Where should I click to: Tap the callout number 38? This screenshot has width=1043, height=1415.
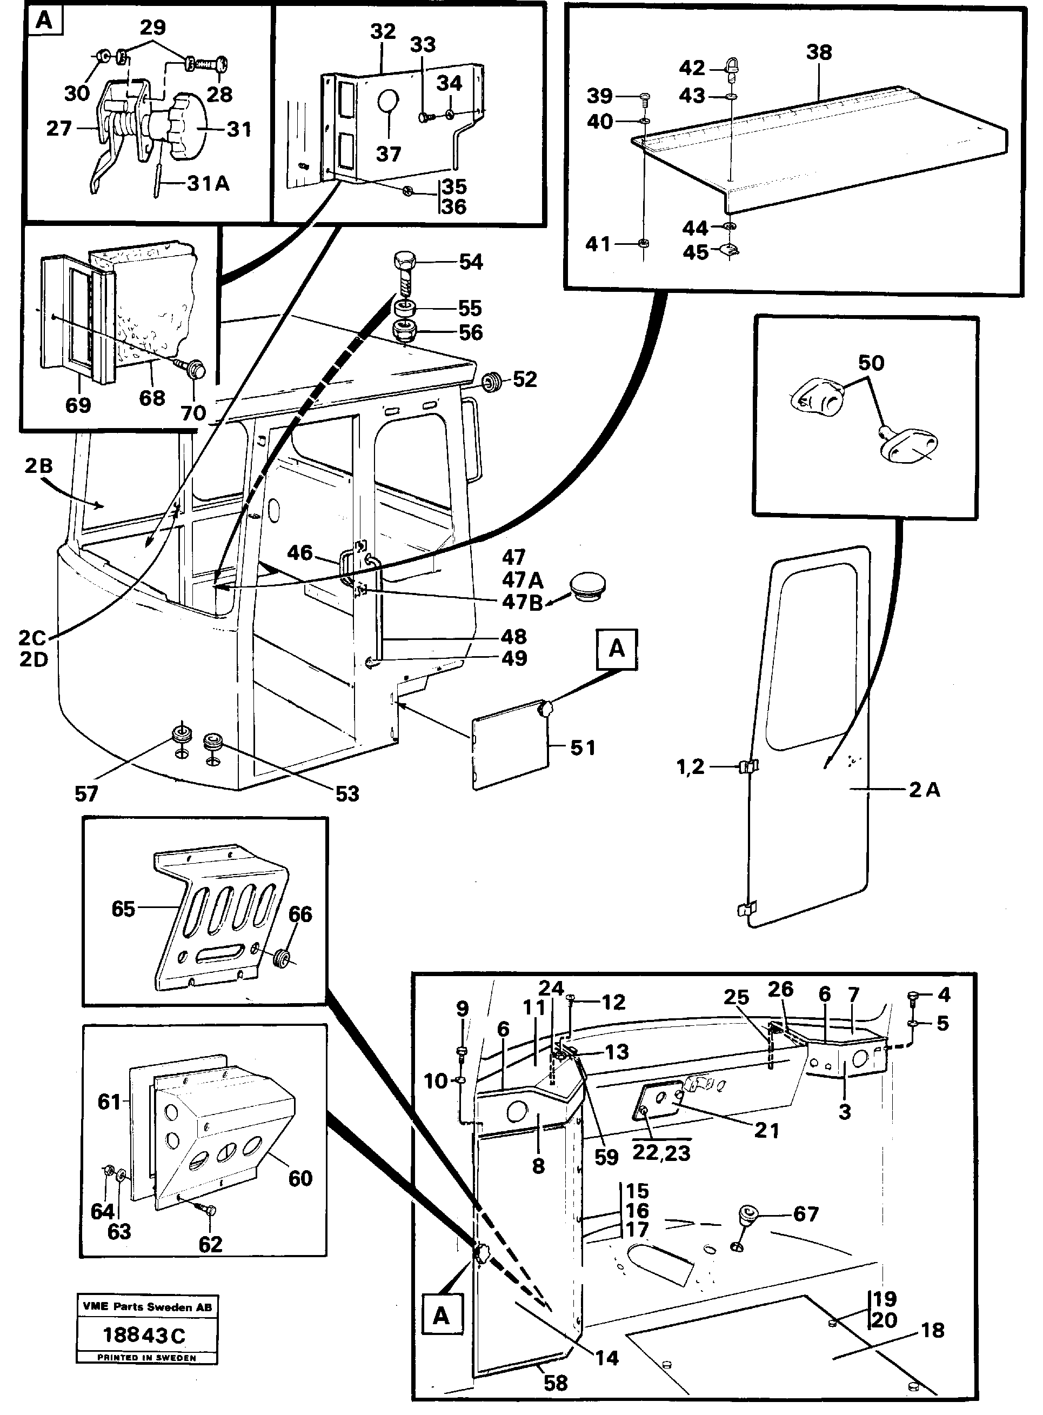pos(819,52)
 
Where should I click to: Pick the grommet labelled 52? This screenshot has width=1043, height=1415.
pos(492,382)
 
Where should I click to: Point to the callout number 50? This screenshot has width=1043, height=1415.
pos(871,363)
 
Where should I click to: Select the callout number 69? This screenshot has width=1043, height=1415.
pos(78,405)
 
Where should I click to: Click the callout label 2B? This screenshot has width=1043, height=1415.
pos(38,465)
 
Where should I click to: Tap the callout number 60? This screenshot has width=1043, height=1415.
pos(300,1178)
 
